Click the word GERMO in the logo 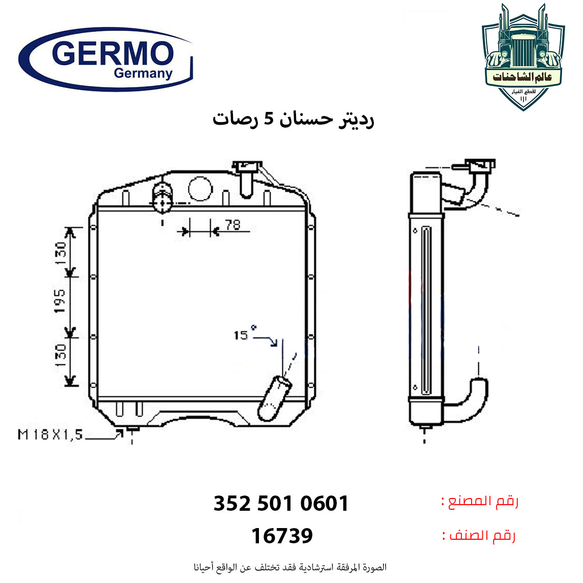coord(112,53)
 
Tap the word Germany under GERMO coord(143,73)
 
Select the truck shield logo coord(523,57)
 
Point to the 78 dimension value coord(233,224)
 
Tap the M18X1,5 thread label coord(50,434)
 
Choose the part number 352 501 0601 coord(281,503)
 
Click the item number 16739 coord(282,536)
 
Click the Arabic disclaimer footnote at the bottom coord(290,567)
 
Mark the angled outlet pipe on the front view coord(274,398)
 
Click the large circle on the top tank coord(200,189)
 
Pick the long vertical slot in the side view coord(426,310)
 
